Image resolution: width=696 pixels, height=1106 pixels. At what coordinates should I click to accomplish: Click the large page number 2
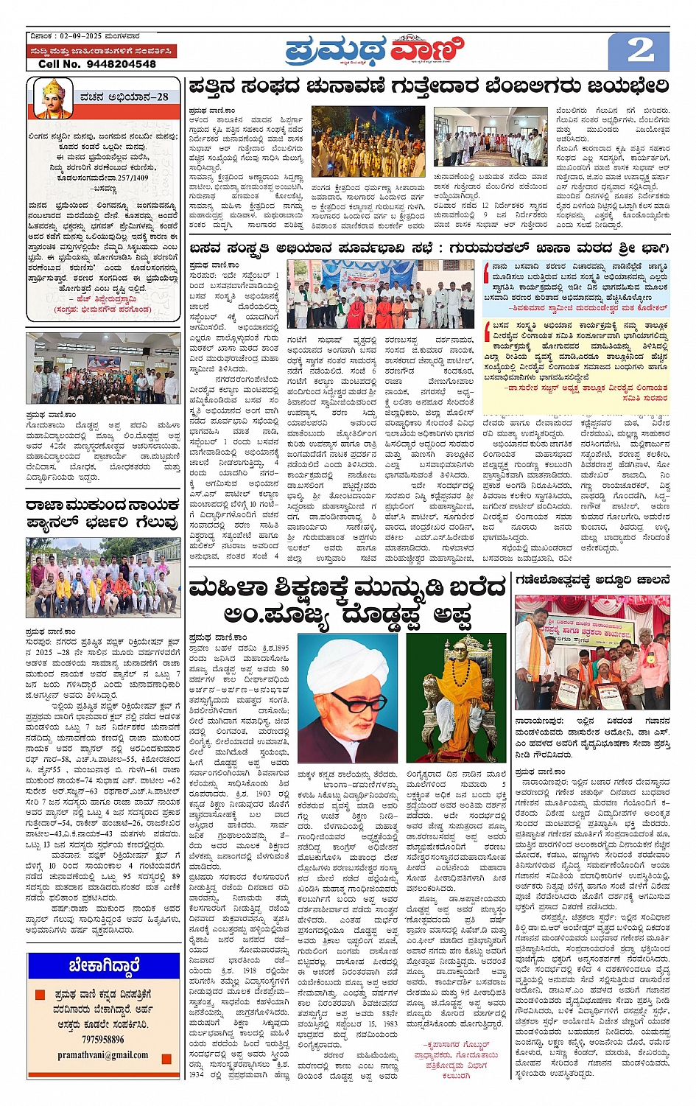[x=639, y=50]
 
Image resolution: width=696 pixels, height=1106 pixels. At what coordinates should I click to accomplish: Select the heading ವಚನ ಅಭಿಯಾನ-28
[x=124, y=97]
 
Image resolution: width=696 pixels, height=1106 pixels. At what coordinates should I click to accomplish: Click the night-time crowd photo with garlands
[x=368, y=141]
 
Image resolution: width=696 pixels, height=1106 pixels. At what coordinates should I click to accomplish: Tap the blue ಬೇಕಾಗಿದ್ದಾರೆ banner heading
[x=104, y=965]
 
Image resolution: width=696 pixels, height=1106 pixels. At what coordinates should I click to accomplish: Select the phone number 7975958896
[x=103, y=1039]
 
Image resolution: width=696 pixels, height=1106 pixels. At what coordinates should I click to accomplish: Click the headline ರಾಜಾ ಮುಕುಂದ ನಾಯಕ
[x=102, y=505]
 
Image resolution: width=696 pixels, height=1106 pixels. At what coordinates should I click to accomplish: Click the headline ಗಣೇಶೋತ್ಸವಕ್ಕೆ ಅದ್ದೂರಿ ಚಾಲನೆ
[x=592, y=579]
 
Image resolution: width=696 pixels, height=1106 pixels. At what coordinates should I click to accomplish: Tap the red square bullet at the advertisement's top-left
[x=40, y=995]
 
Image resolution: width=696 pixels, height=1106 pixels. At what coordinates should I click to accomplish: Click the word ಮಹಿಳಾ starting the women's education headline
[x=233, y=588]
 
